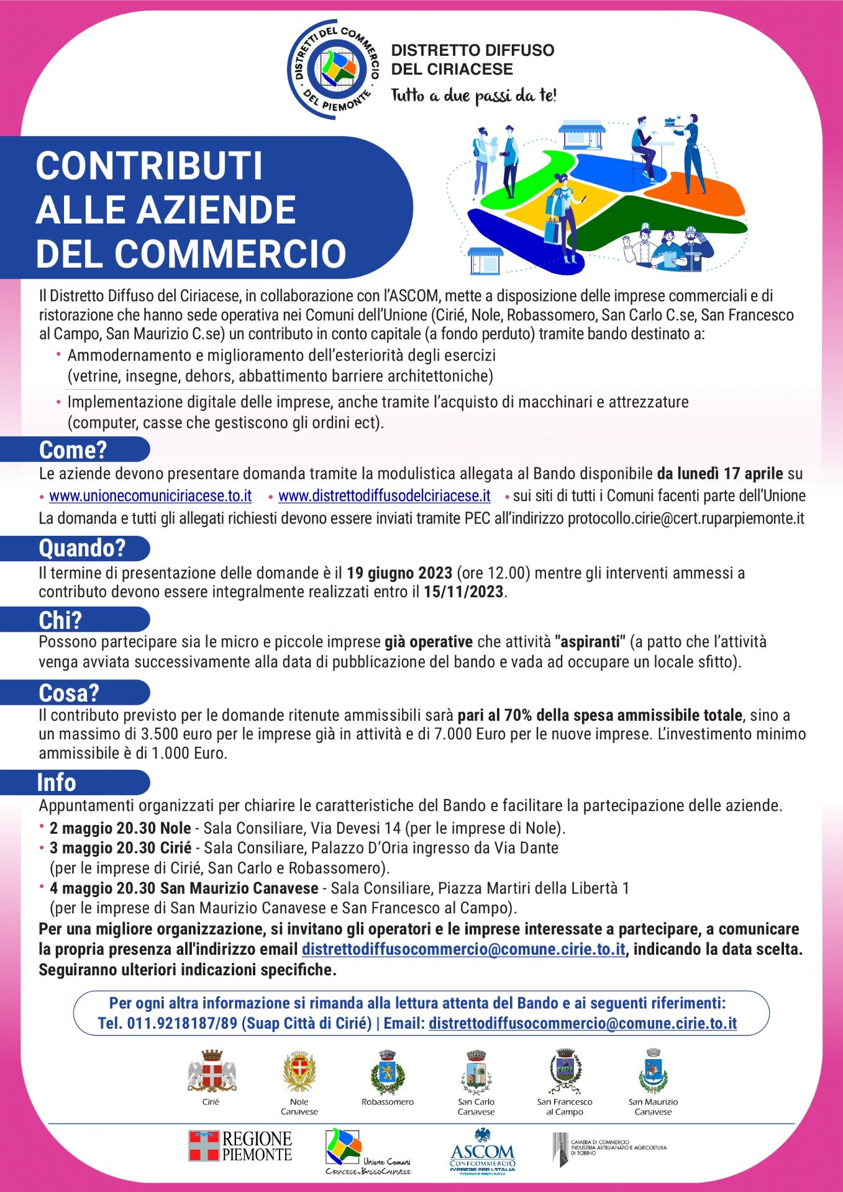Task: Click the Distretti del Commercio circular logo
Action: click(x=334, y=69)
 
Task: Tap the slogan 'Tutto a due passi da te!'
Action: click(x=473, y=96)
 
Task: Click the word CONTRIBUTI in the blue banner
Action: click(x=149, y=166)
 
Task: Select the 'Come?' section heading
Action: click(x=73, y=449)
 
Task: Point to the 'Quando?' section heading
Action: click(x=82, y=548)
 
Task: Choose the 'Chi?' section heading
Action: click(x=60, y=620)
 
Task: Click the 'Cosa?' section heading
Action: click(x=69, y=693)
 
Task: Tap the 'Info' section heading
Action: click(x=57, y=783)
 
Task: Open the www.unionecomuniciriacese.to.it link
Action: click(x=150, y=496)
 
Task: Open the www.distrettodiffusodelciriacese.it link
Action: click(x=384, y=496)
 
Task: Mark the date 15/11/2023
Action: click(x=463, y=592)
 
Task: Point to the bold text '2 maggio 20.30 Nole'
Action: click(x=121, y=828)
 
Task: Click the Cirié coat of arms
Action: click(x=211, y=1072)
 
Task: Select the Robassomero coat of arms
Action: click(x=388, y=1072)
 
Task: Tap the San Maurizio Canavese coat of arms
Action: click(x=653, y=1072)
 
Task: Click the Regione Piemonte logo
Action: click(x=240, y=1146)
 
